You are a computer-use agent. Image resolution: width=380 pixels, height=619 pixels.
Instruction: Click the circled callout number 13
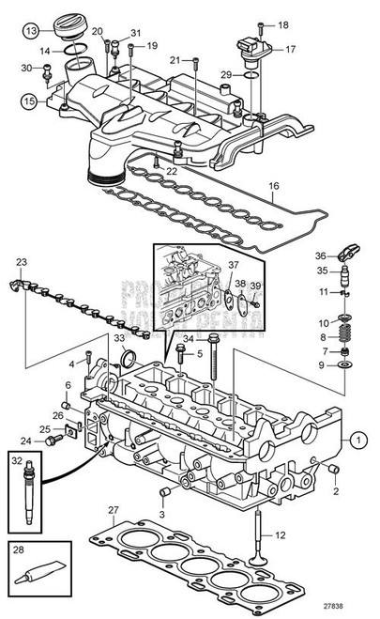[32, 32]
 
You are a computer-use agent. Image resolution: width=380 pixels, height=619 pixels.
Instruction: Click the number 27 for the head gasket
[114, 511]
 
